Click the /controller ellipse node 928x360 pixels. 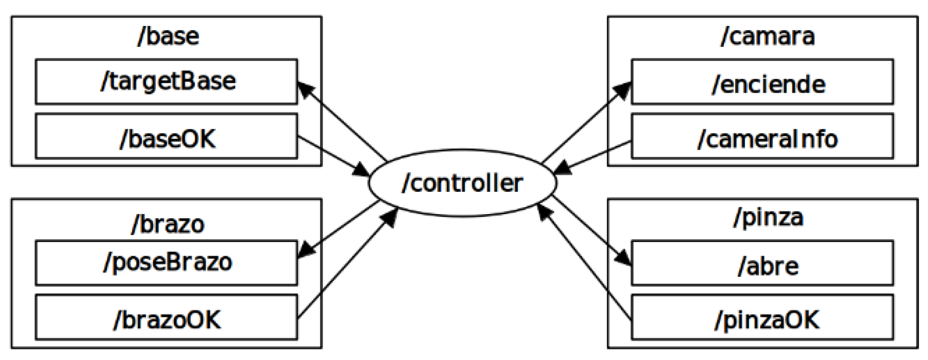click(x=462, y=183)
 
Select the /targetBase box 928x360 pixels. click(x=166, y=82)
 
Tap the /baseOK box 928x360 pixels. click(x=166, y=136)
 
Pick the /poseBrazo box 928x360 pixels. click(x=166, y=263)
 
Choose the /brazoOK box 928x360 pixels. click(x=166, y=317)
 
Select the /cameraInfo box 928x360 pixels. click(x=762, y=136)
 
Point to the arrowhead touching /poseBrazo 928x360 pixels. click(x=306, y=251)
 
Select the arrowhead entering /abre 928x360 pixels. click(x=624, y=258)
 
